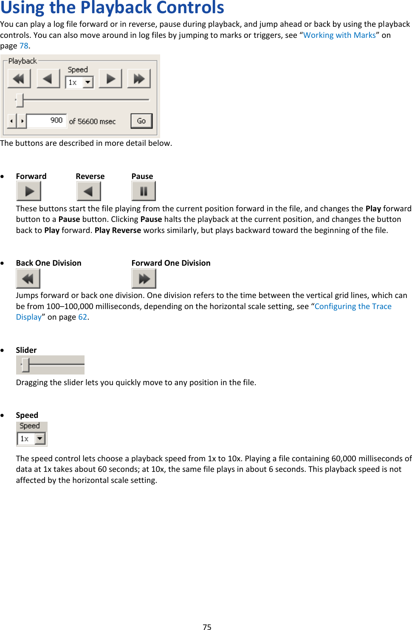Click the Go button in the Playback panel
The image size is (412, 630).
coord(141,121)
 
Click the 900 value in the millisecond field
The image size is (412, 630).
coord(56,121)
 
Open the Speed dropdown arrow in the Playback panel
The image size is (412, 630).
coord(88,82)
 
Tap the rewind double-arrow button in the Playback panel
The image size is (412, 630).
coord(19,79)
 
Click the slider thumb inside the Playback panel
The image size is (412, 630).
coord(20,100)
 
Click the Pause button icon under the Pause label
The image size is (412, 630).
coord(144,191)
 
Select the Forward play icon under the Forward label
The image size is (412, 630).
coord(28,191)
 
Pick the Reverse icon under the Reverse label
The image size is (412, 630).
coord(88,191)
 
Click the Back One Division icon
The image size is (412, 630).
coord(28,279)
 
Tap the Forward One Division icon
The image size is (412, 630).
coord(144,279)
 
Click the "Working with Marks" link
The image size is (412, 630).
coord(339,35)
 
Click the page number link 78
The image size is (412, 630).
coord(24,46)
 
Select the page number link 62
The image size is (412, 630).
coord(82,317)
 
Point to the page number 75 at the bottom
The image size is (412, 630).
coord(207,627)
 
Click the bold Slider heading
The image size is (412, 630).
coord(26,350)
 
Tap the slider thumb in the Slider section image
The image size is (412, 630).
coord(26,365)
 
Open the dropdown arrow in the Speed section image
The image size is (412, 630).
coord(40,438)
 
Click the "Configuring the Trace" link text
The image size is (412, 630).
coord(353,306)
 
